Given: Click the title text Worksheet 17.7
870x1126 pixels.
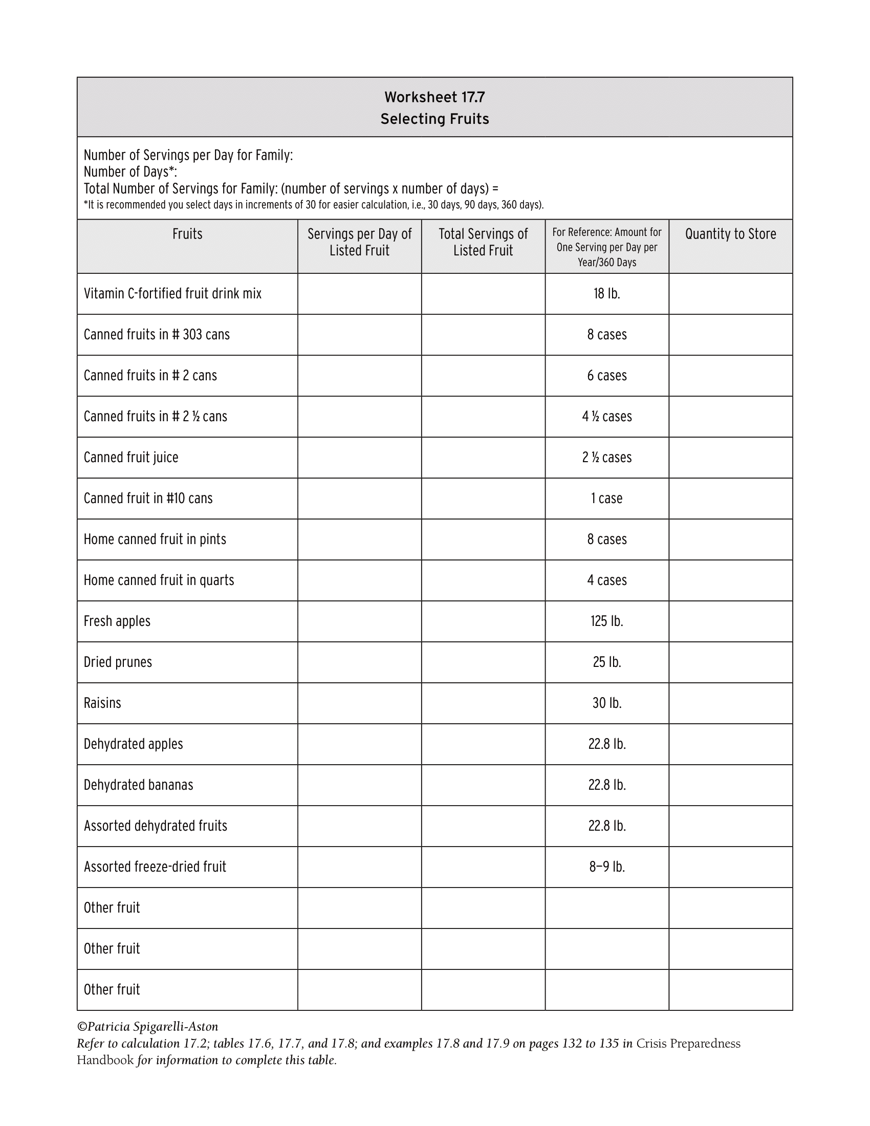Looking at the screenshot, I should point(434,97).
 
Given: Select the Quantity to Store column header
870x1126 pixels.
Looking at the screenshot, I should point(730,234).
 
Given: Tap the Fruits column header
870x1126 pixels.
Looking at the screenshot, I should point(187,234).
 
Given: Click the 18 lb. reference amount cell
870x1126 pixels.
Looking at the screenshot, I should point(606,294).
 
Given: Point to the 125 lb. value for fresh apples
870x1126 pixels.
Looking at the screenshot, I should point(606,621).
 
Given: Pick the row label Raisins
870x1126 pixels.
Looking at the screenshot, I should point(102,703).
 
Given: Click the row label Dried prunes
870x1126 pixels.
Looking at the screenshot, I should point(118,662).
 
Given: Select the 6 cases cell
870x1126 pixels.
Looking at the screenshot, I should point(606,376).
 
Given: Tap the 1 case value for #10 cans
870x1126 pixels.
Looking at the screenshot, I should point(606,499).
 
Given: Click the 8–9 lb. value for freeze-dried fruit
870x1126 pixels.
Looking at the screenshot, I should point(606,867).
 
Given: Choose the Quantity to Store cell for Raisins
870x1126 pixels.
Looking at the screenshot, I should point(730,703).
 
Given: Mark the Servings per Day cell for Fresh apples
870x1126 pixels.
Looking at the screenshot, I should point(359,621).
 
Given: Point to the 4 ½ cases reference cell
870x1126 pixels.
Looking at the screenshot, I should point(606,417).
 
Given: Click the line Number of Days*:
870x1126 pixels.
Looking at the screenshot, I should point(130,171).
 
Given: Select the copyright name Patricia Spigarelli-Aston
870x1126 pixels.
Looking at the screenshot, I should point(148,1027).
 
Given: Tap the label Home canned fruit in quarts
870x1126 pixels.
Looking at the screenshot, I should point(159,580).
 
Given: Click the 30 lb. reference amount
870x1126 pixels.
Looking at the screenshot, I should point(606,703).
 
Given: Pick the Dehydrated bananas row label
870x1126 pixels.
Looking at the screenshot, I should point(139,785).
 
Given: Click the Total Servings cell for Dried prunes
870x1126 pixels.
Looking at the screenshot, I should point(483,662).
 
